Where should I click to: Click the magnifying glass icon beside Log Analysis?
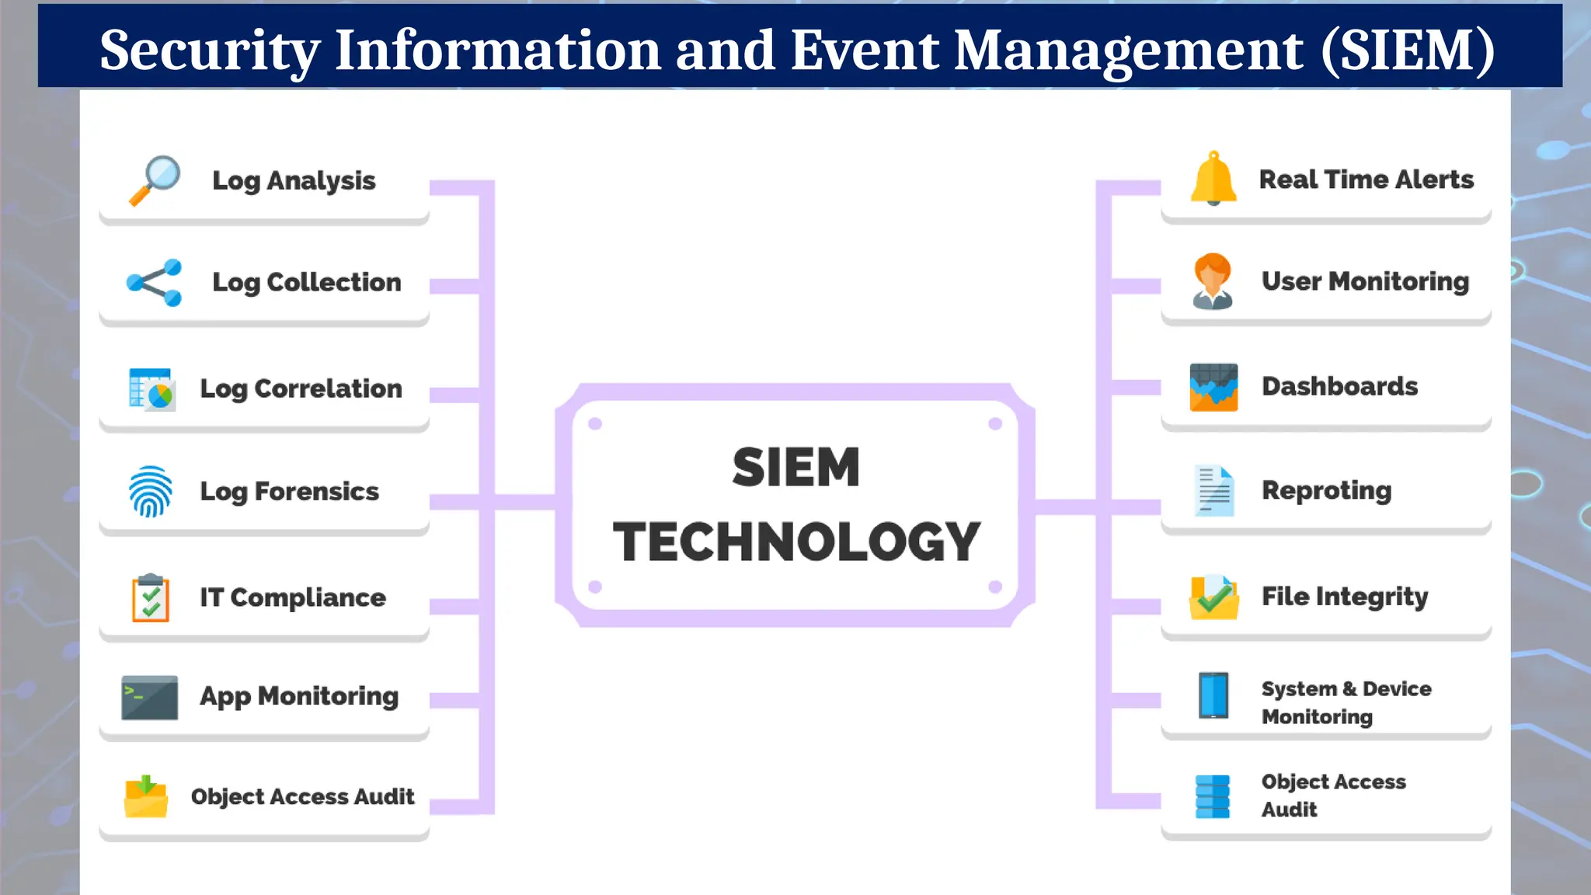pyautogui.click(x=155, y=180)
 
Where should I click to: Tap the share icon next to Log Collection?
pyautogui.click(x=154, y=283)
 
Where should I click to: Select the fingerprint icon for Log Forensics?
pyautogui.click(x=150, y=491)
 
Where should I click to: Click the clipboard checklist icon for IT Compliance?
pyautogui.click(x=151, y=597)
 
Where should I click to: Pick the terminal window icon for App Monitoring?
pyautogui.click(x=149, y=697)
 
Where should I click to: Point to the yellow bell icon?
pyautogui.click(x=1213, y=179)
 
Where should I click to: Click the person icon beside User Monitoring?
pyautogui.click(x=1213, y=281)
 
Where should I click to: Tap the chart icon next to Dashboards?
pyautogui.click(x=1213, y=387)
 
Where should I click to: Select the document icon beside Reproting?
pyautogui.click(x=1213, y=490)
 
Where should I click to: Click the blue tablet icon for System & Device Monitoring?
pyautogui.click(x=1213, y=695)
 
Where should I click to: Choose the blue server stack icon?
pyautogui.click(x=1212, y=796)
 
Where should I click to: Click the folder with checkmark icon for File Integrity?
pyautogui.click(x=1213, y=597)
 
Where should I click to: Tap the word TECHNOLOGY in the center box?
pyautogui.click(x=796, y=542)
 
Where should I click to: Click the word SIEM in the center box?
pyautogui.click(x=795, y=468)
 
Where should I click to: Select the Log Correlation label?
pyautogui.click(x=301, y=388)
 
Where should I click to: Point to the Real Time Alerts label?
pyautogui.click(x=1366, y=179)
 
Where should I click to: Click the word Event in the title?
pyautogui.click(x=865, y=50)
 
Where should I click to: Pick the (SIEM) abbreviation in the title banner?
pyautogui.click(x=1407, y=50)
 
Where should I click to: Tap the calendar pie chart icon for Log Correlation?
pyautogui.click(x=151, y=388)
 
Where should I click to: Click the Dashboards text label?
pyautogui.click(x=1339, y=386)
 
